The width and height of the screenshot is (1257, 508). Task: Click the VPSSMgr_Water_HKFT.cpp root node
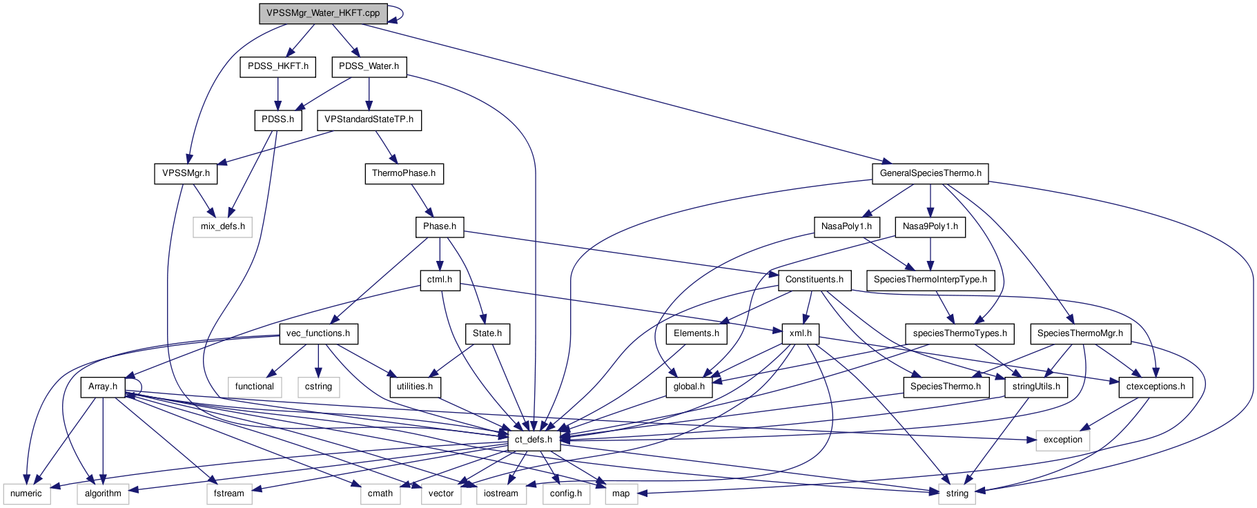323,13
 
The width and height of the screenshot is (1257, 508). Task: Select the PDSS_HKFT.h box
278,66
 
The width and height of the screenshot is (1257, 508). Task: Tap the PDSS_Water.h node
369,66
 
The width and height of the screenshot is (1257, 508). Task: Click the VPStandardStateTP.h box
369,119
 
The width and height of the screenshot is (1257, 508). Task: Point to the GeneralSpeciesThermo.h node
930,173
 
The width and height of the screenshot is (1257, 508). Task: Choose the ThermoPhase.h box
404,173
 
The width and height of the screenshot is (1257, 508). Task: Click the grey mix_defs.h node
222,226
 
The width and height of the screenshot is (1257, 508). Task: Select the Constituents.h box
815,280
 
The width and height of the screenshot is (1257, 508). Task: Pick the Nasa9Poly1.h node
930,226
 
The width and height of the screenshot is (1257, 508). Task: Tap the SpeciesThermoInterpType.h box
930,280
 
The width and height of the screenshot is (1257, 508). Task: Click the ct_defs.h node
534,440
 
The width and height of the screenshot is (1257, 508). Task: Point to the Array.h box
103,387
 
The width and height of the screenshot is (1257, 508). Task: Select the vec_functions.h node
318,333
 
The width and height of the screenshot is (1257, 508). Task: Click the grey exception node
1062,440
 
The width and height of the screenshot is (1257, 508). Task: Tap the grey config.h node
566,494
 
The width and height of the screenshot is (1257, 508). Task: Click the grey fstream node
229,494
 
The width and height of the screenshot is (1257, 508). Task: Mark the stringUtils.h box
1036,387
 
